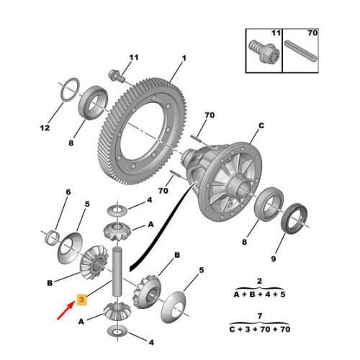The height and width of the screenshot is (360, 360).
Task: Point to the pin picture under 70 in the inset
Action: pos(302,52)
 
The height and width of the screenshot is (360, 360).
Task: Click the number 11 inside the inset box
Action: pos(276,33)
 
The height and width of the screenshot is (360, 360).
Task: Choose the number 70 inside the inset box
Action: pos(311,33)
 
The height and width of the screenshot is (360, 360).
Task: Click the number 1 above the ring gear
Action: pos(184,58)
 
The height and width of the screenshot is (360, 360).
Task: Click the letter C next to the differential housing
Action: pos(262,126)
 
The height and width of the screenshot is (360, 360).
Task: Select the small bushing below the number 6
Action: pos(53,237)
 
